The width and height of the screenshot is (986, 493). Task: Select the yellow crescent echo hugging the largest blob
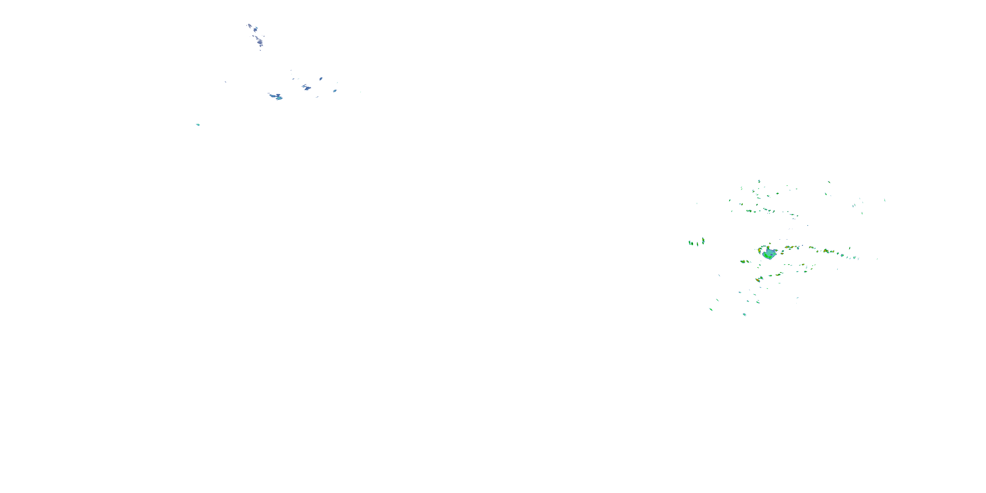(x=761, y=250)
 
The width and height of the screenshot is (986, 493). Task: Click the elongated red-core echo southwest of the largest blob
(x=758, y=280)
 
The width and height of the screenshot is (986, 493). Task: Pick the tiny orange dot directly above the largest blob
(x=769, y=244)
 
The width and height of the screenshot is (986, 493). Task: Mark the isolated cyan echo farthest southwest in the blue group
(x=198, y=124)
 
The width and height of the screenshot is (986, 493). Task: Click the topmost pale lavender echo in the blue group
(x=249, y=26)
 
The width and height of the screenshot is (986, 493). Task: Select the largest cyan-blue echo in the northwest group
(x=276, y=96)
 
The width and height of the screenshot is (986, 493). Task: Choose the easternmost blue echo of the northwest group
(x=335, y=91)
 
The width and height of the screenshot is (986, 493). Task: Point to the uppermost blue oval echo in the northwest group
(x=321, y=79)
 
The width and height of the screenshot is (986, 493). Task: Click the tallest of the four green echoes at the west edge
(x=703, y=241)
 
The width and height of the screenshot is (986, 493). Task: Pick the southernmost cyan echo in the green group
(x=744, y=315)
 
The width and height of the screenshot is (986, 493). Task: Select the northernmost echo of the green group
(x=759, y=181)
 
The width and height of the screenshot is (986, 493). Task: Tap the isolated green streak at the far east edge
(x=884, y=200)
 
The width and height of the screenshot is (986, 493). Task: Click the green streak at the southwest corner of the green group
(x=711, y=309)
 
